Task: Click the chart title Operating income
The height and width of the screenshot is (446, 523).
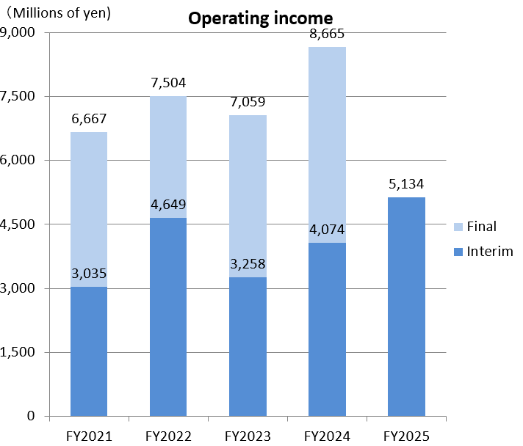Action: click(x=260, y=18)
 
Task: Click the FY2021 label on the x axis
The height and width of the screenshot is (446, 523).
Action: click(x=89, y=436)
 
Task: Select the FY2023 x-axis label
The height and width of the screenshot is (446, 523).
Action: click(x=248, y=436)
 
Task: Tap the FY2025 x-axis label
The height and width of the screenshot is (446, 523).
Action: click(x=406, y=436)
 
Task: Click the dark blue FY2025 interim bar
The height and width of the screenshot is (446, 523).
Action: click(x=406, y=308)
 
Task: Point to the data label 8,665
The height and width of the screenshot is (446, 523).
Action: click(x=327, y=34)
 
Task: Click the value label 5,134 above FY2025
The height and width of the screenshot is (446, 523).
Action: click(x=406, y=184)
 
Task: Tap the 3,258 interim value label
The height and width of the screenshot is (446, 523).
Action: click(x=248, y=264)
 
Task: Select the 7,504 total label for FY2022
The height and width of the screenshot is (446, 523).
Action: click(x=168, y=83)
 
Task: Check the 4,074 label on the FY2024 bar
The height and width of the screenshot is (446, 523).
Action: click(x=327, y=230)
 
